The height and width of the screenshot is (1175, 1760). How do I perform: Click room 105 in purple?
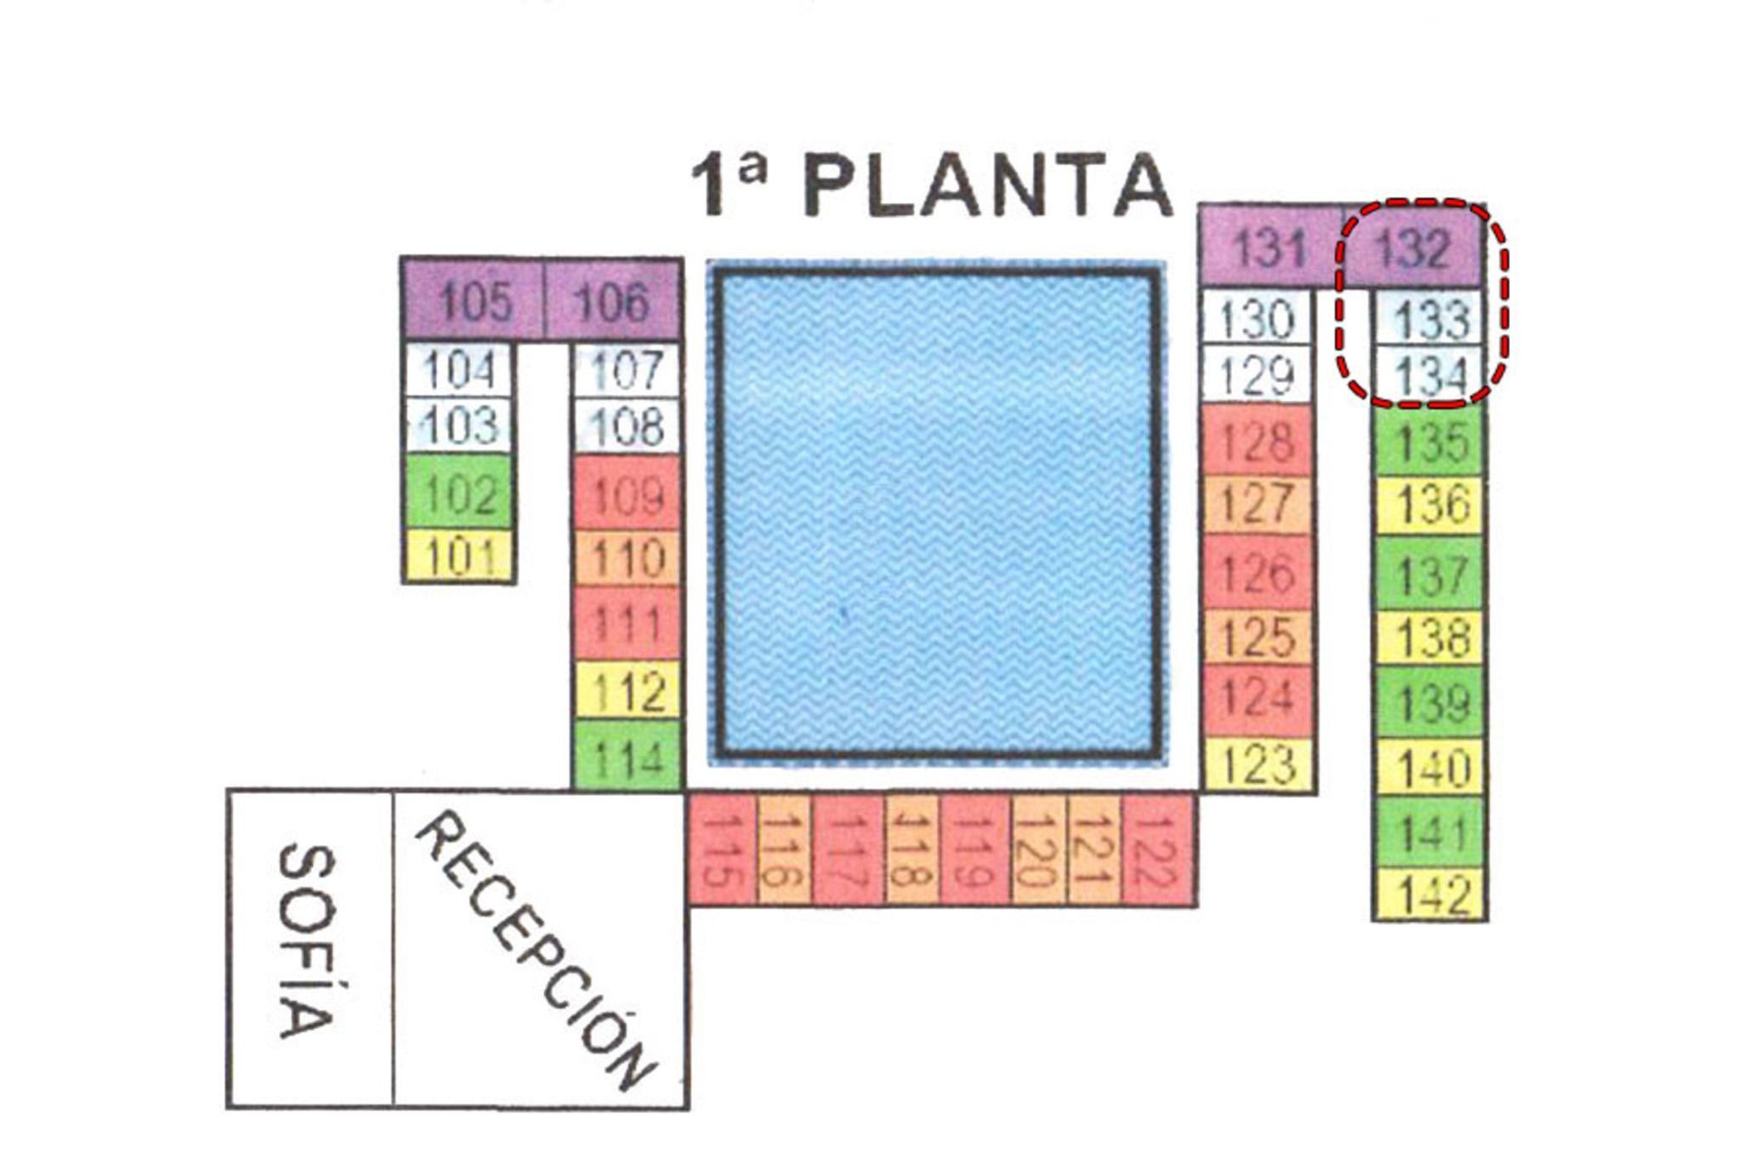pos(473,299)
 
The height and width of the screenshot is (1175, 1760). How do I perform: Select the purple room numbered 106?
pos(613,299)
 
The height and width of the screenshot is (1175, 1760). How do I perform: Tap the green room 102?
pos(459,492)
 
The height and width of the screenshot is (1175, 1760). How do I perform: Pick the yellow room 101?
pos(459,556)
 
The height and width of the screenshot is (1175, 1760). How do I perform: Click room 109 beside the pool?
pos(627,493)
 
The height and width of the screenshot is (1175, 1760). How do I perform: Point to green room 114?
pos(627,755)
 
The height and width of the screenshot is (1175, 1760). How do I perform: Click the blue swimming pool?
pos(937,514)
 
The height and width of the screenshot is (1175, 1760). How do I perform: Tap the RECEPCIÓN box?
pos(541,949)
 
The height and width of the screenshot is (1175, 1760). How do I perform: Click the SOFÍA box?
pos(309,949)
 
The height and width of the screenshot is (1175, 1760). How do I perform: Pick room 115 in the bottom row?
pos(722,849)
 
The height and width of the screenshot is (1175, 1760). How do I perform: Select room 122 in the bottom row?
pos(1160,849)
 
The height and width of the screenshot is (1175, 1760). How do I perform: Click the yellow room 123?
pos(1258,764)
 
